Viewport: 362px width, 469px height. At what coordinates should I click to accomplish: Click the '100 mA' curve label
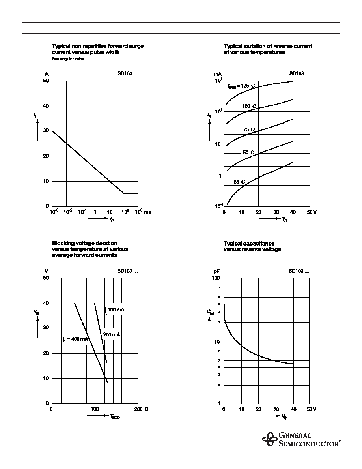tap(116, 310)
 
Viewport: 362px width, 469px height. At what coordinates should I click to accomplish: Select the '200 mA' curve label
tap(112, 334)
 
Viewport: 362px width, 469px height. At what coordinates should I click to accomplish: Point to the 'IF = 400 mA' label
tap(75, 339)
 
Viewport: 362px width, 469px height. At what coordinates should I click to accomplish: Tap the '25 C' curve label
tap(239, 182)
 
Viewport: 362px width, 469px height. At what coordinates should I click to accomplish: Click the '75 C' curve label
tap(249, 129)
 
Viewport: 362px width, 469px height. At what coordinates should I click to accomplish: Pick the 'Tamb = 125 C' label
tap(241, 86)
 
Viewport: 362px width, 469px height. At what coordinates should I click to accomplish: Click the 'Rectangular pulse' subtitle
tap(68, 59)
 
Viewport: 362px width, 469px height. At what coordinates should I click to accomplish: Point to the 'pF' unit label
tap(217, 271)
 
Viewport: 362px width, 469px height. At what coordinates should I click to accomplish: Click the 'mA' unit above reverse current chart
tap(218, 74)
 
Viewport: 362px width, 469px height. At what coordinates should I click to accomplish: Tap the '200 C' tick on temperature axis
tap(141, 409)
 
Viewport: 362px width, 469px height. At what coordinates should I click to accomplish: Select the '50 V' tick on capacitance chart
tap(312, 409)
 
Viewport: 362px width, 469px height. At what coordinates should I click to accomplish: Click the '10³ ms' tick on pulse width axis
tap(143, 212)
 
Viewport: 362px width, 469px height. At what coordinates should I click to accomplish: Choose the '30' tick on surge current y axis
tap(46, 131)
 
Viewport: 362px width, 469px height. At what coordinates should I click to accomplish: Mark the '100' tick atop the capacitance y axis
tap(216, 278)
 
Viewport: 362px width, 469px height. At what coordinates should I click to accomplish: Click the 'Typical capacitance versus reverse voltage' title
tap(252, 246)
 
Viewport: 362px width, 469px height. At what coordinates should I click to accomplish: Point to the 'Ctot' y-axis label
tap(210, 312)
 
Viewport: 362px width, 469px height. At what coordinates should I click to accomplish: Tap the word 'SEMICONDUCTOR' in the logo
tap(309, 443)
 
